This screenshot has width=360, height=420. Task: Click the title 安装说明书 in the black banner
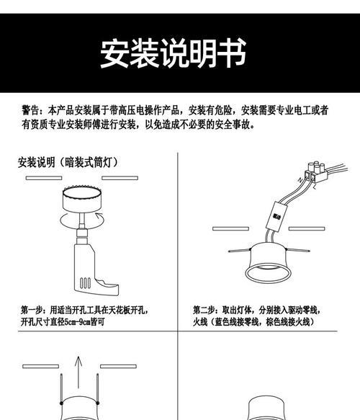click(173, 54)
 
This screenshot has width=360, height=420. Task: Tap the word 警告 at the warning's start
click(31, 111)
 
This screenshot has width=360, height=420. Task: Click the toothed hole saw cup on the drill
click(81, 199)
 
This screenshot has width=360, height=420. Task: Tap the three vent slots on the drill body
click(84, 277)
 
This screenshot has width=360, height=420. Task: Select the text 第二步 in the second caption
click(206, 310)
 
